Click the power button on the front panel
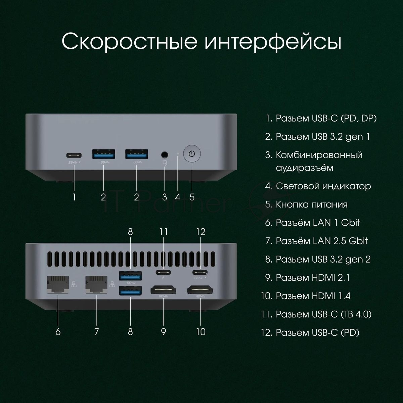tap(192, 154)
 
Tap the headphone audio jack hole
tap(165, 155)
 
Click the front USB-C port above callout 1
tap(74, 155)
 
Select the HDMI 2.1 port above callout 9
tap(163, 291)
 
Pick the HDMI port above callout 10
tap(200, 291)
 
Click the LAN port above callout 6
tap(58, 284)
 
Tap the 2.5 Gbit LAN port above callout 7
tap(96, 284)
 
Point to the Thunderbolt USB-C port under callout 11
tap(163, 272)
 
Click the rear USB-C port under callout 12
tap(200, 272)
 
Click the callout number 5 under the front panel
tap(192, 197)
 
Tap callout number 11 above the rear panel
tap(163, 232)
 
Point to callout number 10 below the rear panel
tap(201, 332)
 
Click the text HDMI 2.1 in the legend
tap(331, 277)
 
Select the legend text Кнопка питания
tap(312, 204)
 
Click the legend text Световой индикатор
tap(323, 186)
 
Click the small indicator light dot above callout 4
tap(178, 153)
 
